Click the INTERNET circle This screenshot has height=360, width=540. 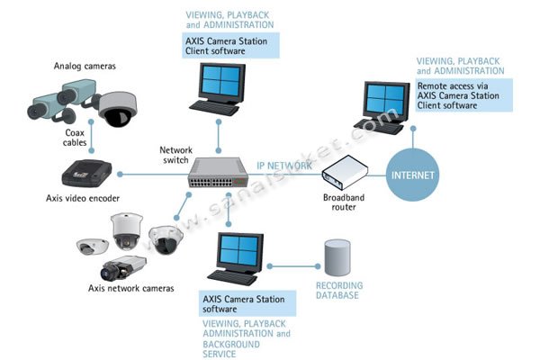pyautogui.click(x=412, y=175)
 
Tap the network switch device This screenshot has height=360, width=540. pyautogui.click(x=218, y=172)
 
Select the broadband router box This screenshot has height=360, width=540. pyautogui.click(x=345, y=172)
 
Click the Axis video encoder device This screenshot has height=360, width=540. pyautogui.click(x=86, y=173)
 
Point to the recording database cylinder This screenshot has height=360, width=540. pyautogui.click(x=337, y=257)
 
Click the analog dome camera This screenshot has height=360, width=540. pyautogui.click(x=118, y=109)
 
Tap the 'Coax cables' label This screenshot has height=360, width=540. pyautogui.click(x=75, y=138)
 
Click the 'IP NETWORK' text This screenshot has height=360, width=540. pyautogui.click(x=284, y=166)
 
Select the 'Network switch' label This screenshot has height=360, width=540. pyautogui.click(x=176, y=155)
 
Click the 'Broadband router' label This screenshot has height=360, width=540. pyautogui.click(x=344, y=202)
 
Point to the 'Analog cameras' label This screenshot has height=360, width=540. pyautogui.click(x=85, y=66)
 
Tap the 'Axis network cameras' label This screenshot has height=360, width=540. pyautogui.click(x=131, y=288)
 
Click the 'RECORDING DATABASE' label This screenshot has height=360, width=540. pyautogui.click(x=339, y=291)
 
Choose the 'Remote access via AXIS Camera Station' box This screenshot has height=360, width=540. pyautogui.click(x=463, y=95)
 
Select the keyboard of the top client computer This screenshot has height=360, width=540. pyautogui.click(x=214, y=108)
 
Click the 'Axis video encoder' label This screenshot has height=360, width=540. pyautogui.click(x=83, y=198)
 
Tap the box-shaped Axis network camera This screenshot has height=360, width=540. pyautogui.click(x=123, y=267)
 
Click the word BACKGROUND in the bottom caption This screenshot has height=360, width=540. pyautogui.click(x=231, y=344)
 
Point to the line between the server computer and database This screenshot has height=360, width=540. pyautogui.click(x=293, y=266)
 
